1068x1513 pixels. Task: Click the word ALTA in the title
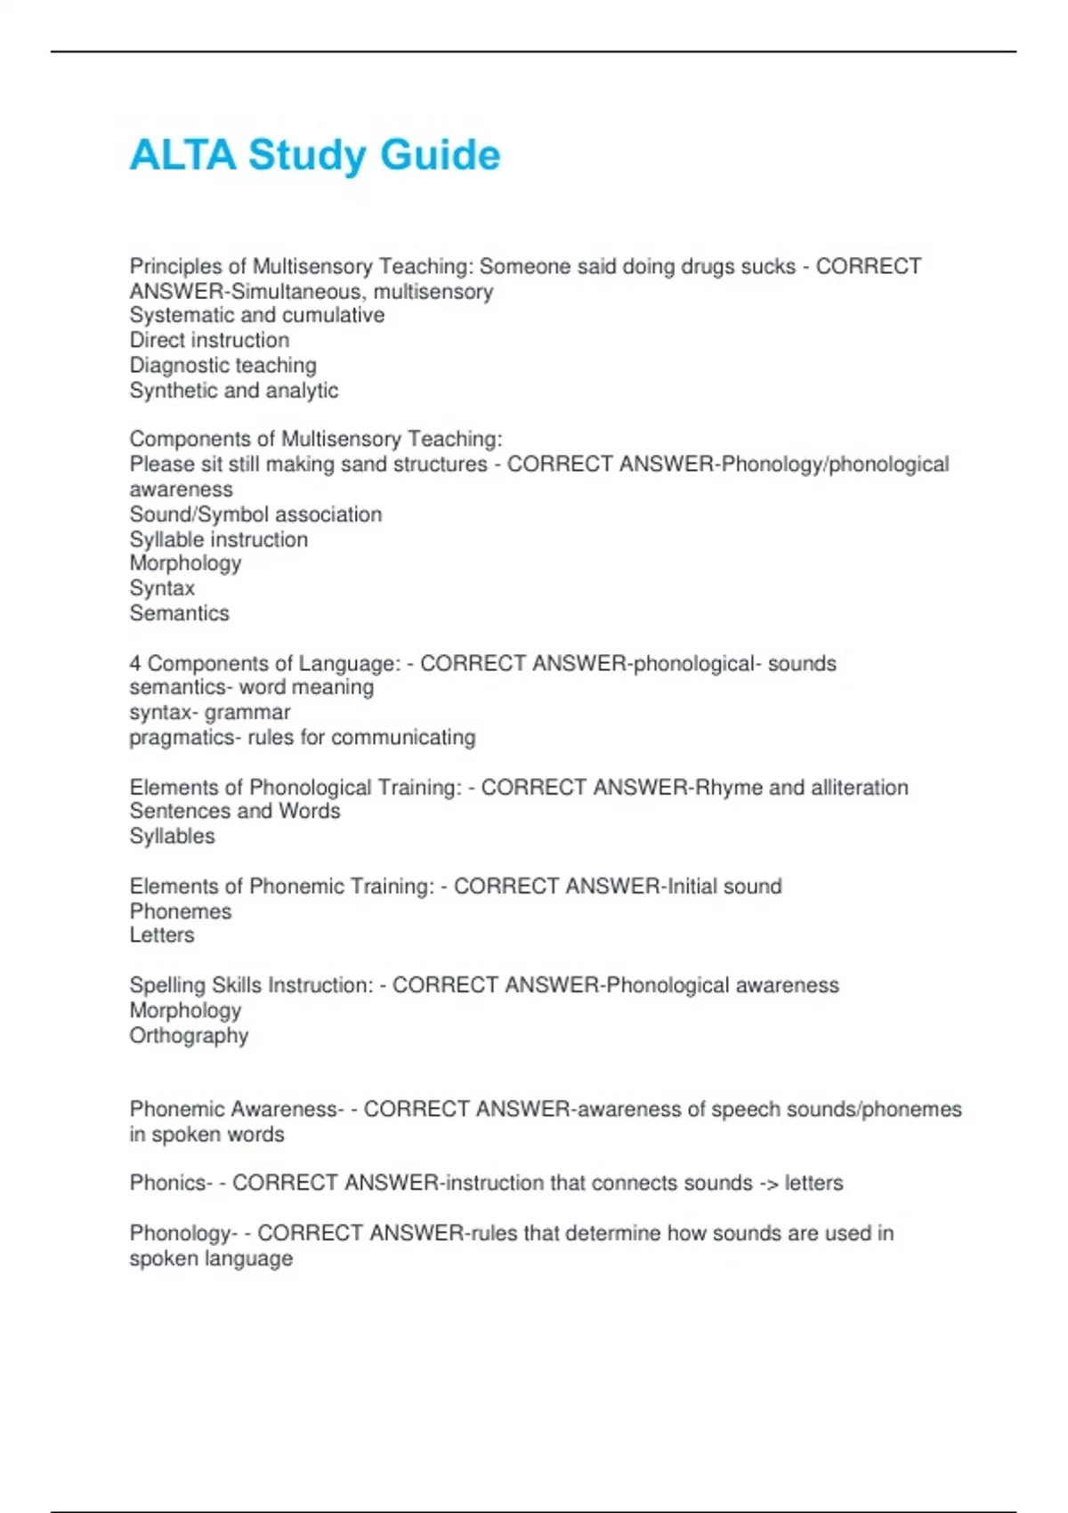[x=182, y=155]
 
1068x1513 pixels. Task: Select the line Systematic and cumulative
[x=256, y=315]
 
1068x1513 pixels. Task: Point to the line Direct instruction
[x=209, y=340]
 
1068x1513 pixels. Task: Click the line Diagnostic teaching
[x=222, y=365]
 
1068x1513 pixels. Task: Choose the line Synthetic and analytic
[x=233, y=390]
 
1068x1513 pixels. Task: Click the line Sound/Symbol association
[x=255, y=514]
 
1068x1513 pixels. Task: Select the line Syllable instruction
[x=218, y=539]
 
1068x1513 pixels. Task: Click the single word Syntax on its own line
[x=162, y=588]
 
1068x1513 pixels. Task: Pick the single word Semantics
[x=179, y=613]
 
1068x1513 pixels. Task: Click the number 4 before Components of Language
[x=135, y=663]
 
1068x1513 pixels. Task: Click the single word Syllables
[x=172, y=837]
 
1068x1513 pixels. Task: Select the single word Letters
[x=161, y=935]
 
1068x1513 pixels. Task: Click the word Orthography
[x=189, y=1036]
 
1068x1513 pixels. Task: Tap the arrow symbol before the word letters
[x=768, y=1183]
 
